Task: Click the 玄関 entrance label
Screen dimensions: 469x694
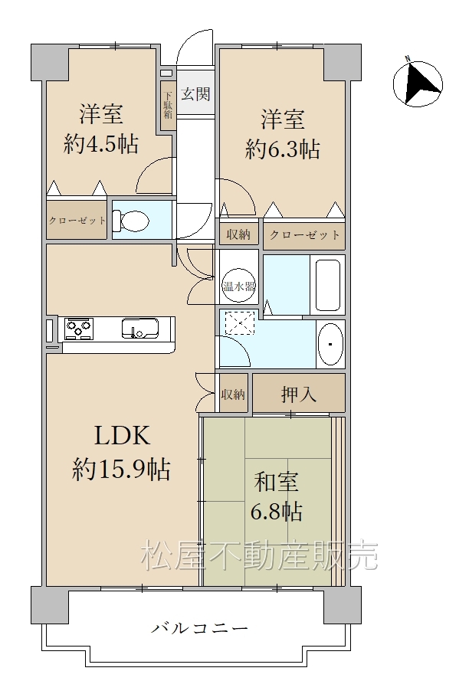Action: [195, 94]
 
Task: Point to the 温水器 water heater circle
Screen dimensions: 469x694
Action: [239, 286]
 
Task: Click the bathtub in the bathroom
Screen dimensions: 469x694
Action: [328, 285]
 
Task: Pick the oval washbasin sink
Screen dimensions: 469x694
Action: [331, 344]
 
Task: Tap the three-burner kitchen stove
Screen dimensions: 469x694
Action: [78, 329]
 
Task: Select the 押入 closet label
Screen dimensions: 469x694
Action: [299, 394]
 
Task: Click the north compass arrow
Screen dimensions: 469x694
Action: [418, 83]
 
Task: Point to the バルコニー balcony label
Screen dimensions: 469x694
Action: [200, 627]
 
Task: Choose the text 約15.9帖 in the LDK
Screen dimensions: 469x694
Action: [121, 469]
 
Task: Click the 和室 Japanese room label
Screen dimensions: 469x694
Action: [277, 482]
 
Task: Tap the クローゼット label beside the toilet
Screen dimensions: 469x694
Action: [77, 221]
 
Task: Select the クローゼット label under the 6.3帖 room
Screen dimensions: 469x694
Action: [304, 234]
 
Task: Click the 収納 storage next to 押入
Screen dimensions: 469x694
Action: [234, 394]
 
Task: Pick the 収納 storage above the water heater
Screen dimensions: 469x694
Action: [238, 234]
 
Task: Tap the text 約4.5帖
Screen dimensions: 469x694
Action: [101, 144]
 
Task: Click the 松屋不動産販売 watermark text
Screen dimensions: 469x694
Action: [260, 556]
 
